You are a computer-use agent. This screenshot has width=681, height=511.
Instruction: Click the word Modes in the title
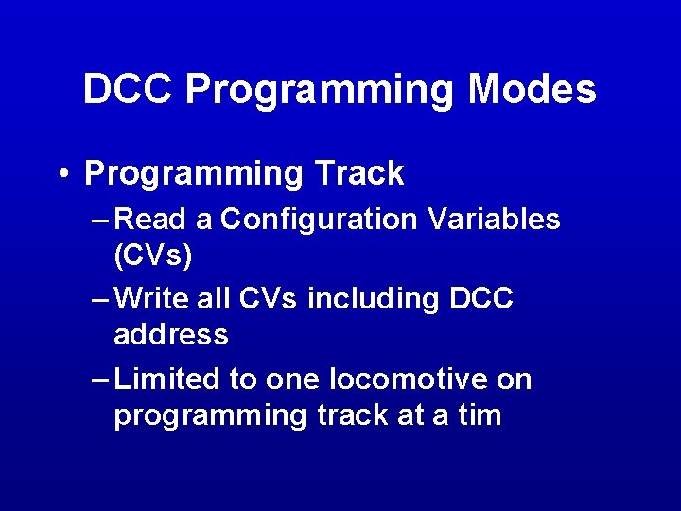[532, 90]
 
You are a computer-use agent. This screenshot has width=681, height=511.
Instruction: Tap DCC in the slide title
[127, 90]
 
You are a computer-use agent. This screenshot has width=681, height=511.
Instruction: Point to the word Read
[155, 220]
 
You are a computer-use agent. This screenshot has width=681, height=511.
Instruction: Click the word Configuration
[318, 220]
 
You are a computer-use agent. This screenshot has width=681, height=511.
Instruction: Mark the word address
[171, 335]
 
